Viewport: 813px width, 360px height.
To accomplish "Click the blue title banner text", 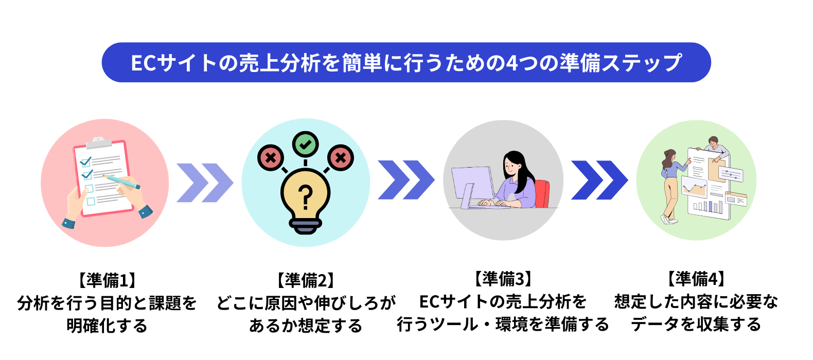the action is (406, 62).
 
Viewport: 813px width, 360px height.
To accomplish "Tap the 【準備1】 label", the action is (107, 280).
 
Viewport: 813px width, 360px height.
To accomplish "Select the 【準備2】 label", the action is (305, 280).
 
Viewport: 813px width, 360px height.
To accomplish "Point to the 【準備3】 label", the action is (503, 279).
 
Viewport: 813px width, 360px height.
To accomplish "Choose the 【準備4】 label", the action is (696, 279).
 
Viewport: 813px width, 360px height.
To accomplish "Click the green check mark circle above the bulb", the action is (305, 145).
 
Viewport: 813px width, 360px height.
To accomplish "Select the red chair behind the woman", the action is (542, 194).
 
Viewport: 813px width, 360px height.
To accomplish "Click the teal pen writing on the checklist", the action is (121, 182).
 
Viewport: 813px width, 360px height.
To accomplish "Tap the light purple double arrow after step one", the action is (205, 183).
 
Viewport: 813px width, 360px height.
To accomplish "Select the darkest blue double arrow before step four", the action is (599, 180).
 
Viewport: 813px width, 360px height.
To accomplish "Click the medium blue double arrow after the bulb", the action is (406, 179).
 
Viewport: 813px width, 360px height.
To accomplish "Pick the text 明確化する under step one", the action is (107, 325).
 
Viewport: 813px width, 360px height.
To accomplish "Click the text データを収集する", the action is (696, 324).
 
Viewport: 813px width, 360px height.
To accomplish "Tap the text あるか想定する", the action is (305, 325).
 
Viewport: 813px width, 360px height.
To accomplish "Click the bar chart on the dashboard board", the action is (708, 207).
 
